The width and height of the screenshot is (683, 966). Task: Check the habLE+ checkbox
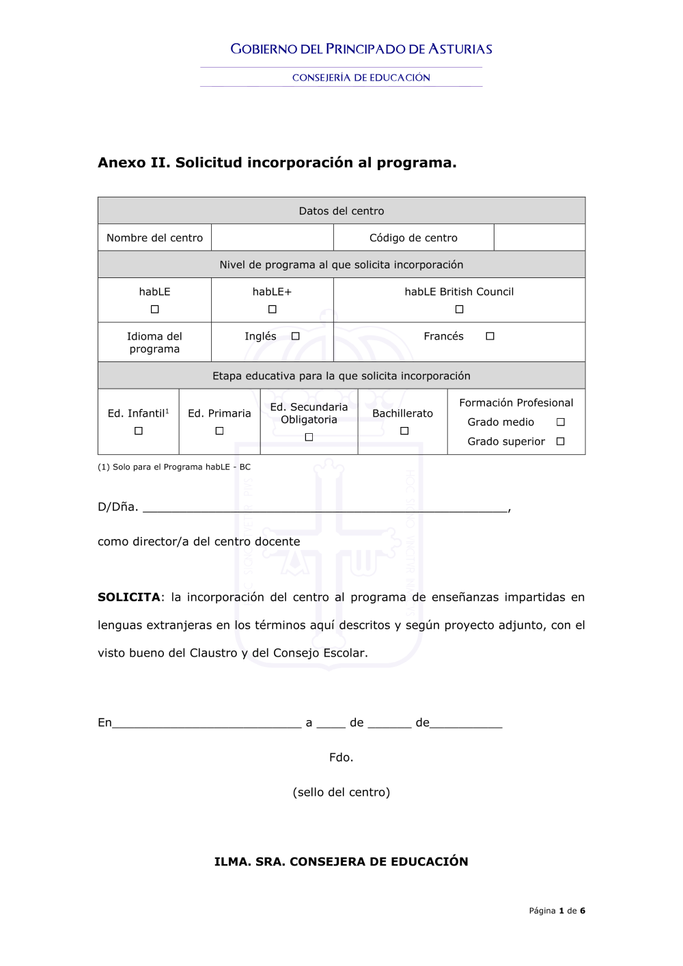coord(273,309)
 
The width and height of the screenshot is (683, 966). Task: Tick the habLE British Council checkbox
coord(460,309)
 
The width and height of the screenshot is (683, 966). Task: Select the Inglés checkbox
coord(296,336)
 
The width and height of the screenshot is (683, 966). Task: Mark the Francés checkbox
coord(490,336)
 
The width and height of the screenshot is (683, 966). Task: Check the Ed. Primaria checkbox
coord(219,431)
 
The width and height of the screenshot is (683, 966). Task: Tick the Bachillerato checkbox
coord(404,431)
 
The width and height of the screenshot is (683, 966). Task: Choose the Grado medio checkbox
coord(561,422)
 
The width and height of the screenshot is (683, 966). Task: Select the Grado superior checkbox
coord(561,441)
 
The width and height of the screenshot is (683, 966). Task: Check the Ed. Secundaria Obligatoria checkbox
coord(309,437)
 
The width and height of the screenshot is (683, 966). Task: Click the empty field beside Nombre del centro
coord(272,238)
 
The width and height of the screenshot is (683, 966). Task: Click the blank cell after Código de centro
coord(539,238)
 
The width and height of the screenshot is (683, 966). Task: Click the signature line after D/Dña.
coord(324,507)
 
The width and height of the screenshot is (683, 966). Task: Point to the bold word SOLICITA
coord(129,597)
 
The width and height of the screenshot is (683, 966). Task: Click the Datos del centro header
coord(341,211)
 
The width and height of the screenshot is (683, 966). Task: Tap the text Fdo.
coord(341,757)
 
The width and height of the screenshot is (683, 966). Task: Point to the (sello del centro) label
coord(341,792)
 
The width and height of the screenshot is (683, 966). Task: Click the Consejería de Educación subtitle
coord(361,78)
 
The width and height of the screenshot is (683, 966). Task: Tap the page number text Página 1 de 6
coord(557,911)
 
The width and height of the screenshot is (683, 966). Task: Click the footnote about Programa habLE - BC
coord(174,467)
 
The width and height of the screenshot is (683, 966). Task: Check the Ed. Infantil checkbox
coord(139,431)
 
